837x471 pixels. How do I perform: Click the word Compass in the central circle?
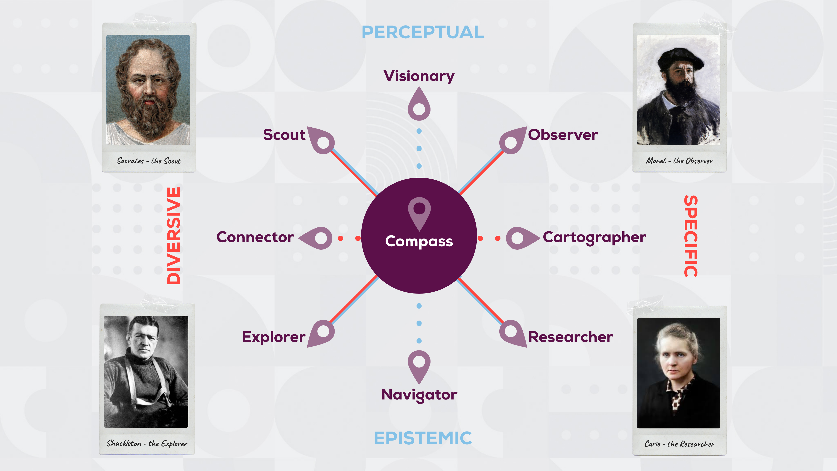[x=419, y=241]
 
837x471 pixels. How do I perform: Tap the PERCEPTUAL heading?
[x=423, y=32]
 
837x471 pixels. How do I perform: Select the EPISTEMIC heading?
[x=422, y=438]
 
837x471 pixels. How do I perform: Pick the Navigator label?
[x=419, y=395]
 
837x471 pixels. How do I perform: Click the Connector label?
[x=255, y=237]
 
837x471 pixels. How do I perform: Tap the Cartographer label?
[x=594, y=237]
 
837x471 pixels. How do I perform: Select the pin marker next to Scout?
[x=322, y=141]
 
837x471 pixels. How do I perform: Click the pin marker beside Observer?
[x=512, y=141]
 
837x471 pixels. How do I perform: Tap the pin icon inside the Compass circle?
[x=419, y=211]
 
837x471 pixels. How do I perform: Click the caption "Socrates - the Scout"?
[x=149, y=160]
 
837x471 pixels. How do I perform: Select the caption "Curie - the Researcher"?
[x=679, y=444]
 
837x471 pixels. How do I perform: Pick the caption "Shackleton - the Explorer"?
[x=147, y=443]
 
